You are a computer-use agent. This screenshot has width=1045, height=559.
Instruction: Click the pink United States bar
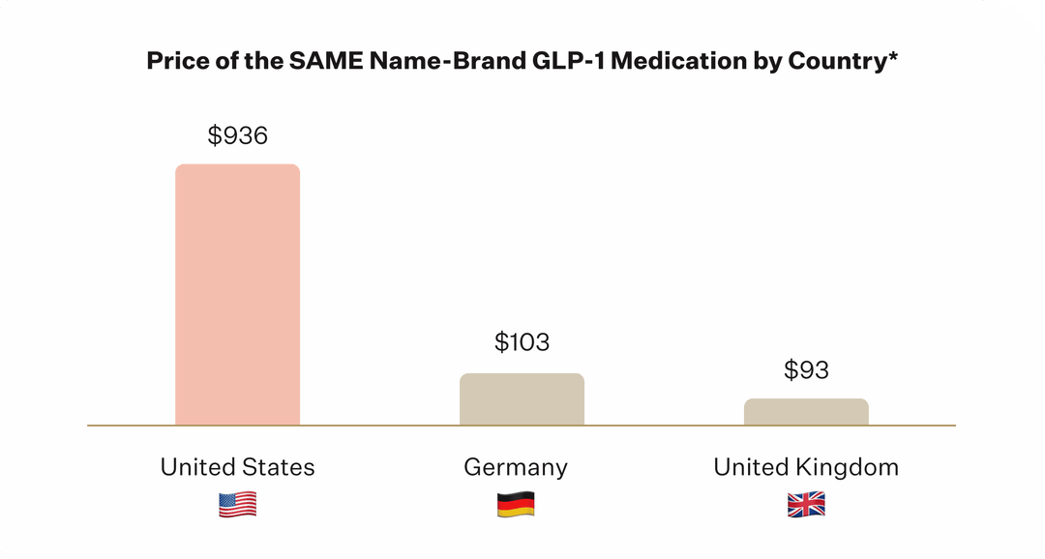(x=237, y=294)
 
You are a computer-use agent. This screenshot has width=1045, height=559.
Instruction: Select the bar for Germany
(x=522, y=398)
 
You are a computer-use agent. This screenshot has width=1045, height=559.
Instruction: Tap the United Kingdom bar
(x=806, y=411)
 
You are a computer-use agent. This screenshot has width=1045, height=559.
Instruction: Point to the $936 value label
(x=237, y=136)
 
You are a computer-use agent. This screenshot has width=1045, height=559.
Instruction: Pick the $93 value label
(x=806, y=369)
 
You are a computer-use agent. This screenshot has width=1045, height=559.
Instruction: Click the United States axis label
(x=237, y=467)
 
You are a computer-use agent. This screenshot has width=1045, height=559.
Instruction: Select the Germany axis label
(x=516, y=467)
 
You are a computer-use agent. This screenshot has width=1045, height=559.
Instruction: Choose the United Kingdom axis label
(x=806, y=467)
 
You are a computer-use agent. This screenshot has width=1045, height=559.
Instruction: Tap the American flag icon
(x=237, y=505)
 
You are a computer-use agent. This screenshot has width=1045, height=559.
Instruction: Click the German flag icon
(x=516, y=505)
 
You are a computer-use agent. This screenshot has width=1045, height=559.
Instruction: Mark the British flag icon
(x=806, y=505)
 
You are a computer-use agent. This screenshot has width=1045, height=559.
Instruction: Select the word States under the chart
(x=280, y=467)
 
